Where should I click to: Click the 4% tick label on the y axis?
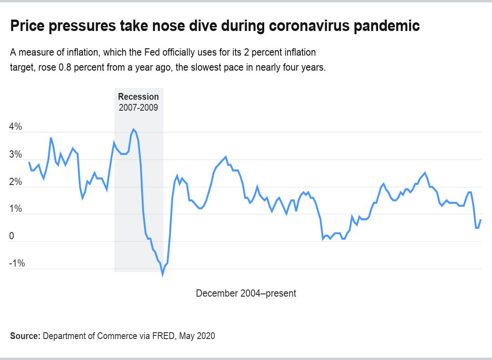click(x=15, y=127)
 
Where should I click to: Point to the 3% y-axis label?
click(x=15, y=154)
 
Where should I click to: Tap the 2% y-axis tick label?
click(x=15, y=182)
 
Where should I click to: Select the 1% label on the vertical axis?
click(x=15, y=209)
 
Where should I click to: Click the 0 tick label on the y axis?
click(x=12, y=237)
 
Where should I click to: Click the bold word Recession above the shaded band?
click(x=138, y=97)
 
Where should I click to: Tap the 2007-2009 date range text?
click(x=138, y=108)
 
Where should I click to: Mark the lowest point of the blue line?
click(x=162, y=275)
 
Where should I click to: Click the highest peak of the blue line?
click(x=133, y=129)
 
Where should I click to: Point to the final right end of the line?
click(x=481, y=220)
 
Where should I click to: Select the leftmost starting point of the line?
click(x=29, y=162)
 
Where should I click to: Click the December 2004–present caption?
click(x=246, y=293)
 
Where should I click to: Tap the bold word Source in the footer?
click(x=25, y=336)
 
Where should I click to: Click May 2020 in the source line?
click(x=197, y=336)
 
